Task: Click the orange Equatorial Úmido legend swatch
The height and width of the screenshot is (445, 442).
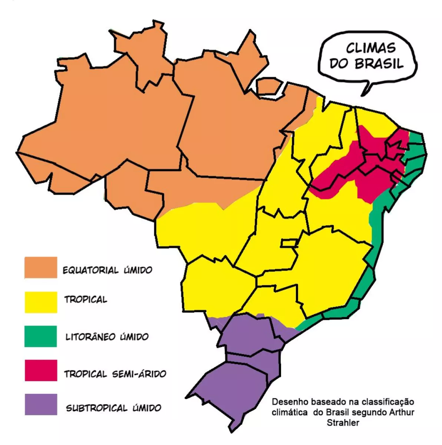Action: (41, 267)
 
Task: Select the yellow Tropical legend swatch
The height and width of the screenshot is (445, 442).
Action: (41, 302)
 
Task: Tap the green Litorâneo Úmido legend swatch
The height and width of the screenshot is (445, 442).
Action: (41, 336)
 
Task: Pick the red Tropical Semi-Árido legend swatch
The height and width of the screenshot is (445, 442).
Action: (41, 370)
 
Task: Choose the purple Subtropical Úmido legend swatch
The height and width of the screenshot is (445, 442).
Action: (41, 404)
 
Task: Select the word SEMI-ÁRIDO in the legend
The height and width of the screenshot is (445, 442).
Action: (139, 373)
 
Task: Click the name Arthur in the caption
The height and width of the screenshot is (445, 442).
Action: (403, 412)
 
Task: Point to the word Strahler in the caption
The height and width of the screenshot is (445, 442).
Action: (343, 422)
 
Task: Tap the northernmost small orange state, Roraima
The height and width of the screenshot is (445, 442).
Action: (148, 56)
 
